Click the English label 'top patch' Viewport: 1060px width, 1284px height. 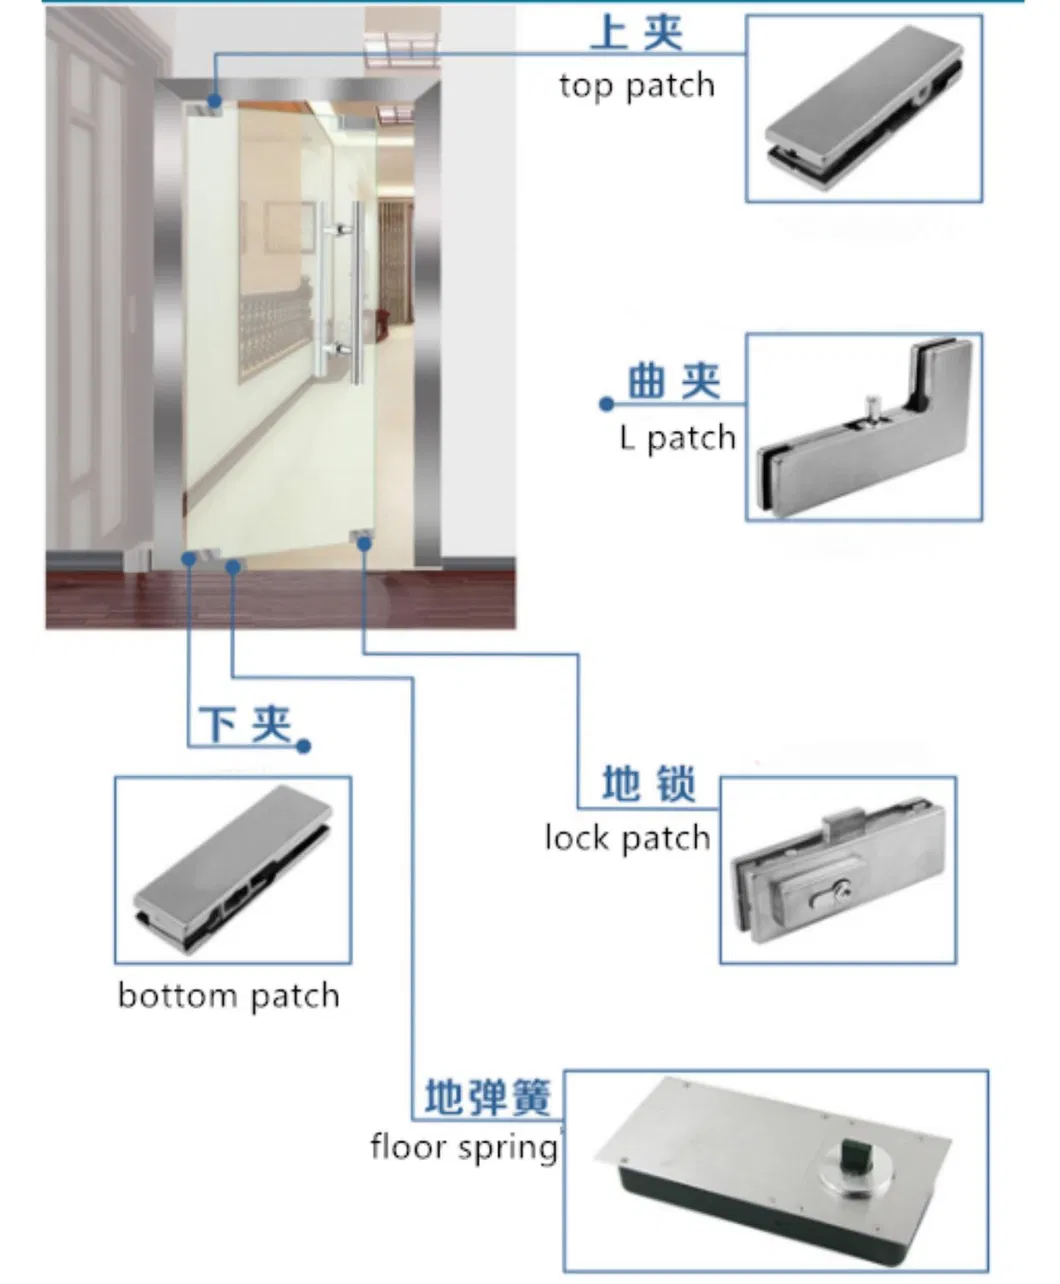637,86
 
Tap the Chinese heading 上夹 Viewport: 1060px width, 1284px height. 637,32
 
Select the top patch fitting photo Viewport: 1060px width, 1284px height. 864,109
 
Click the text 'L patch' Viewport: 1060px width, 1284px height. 677,438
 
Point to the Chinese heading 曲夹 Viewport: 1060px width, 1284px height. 674,382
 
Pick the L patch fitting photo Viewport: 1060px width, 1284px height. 864,427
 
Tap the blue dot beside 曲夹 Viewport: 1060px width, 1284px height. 606,404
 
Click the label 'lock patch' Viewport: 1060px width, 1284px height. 627,837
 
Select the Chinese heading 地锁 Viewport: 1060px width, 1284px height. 649,784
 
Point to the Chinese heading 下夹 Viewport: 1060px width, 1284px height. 245,724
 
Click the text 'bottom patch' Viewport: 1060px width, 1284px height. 229,996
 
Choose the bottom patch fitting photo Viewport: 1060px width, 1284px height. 233,870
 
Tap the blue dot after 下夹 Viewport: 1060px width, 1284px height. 305,746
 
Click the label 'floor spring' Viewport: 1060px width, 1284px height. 463,1146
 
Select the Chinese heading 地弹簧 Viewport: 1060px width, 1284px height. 488,1097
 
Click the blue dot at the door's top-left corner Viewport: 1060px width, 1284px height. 214,101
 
